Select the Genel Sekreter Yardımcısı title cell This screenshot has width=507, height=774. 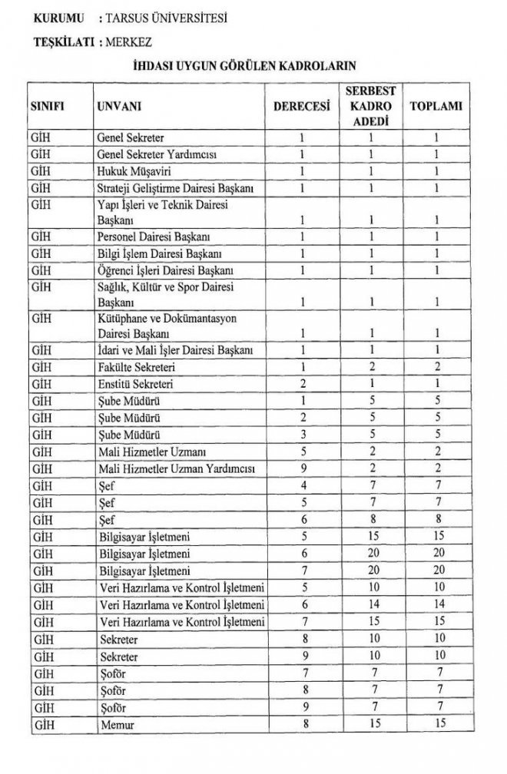pyautogui.click(x=157, y=154)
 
